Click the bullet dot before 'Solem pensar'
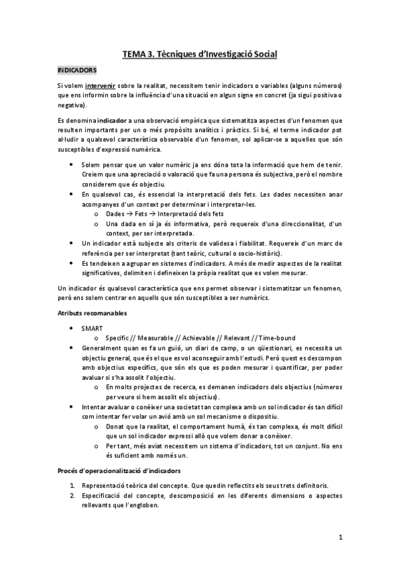(x=72, y=164)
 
